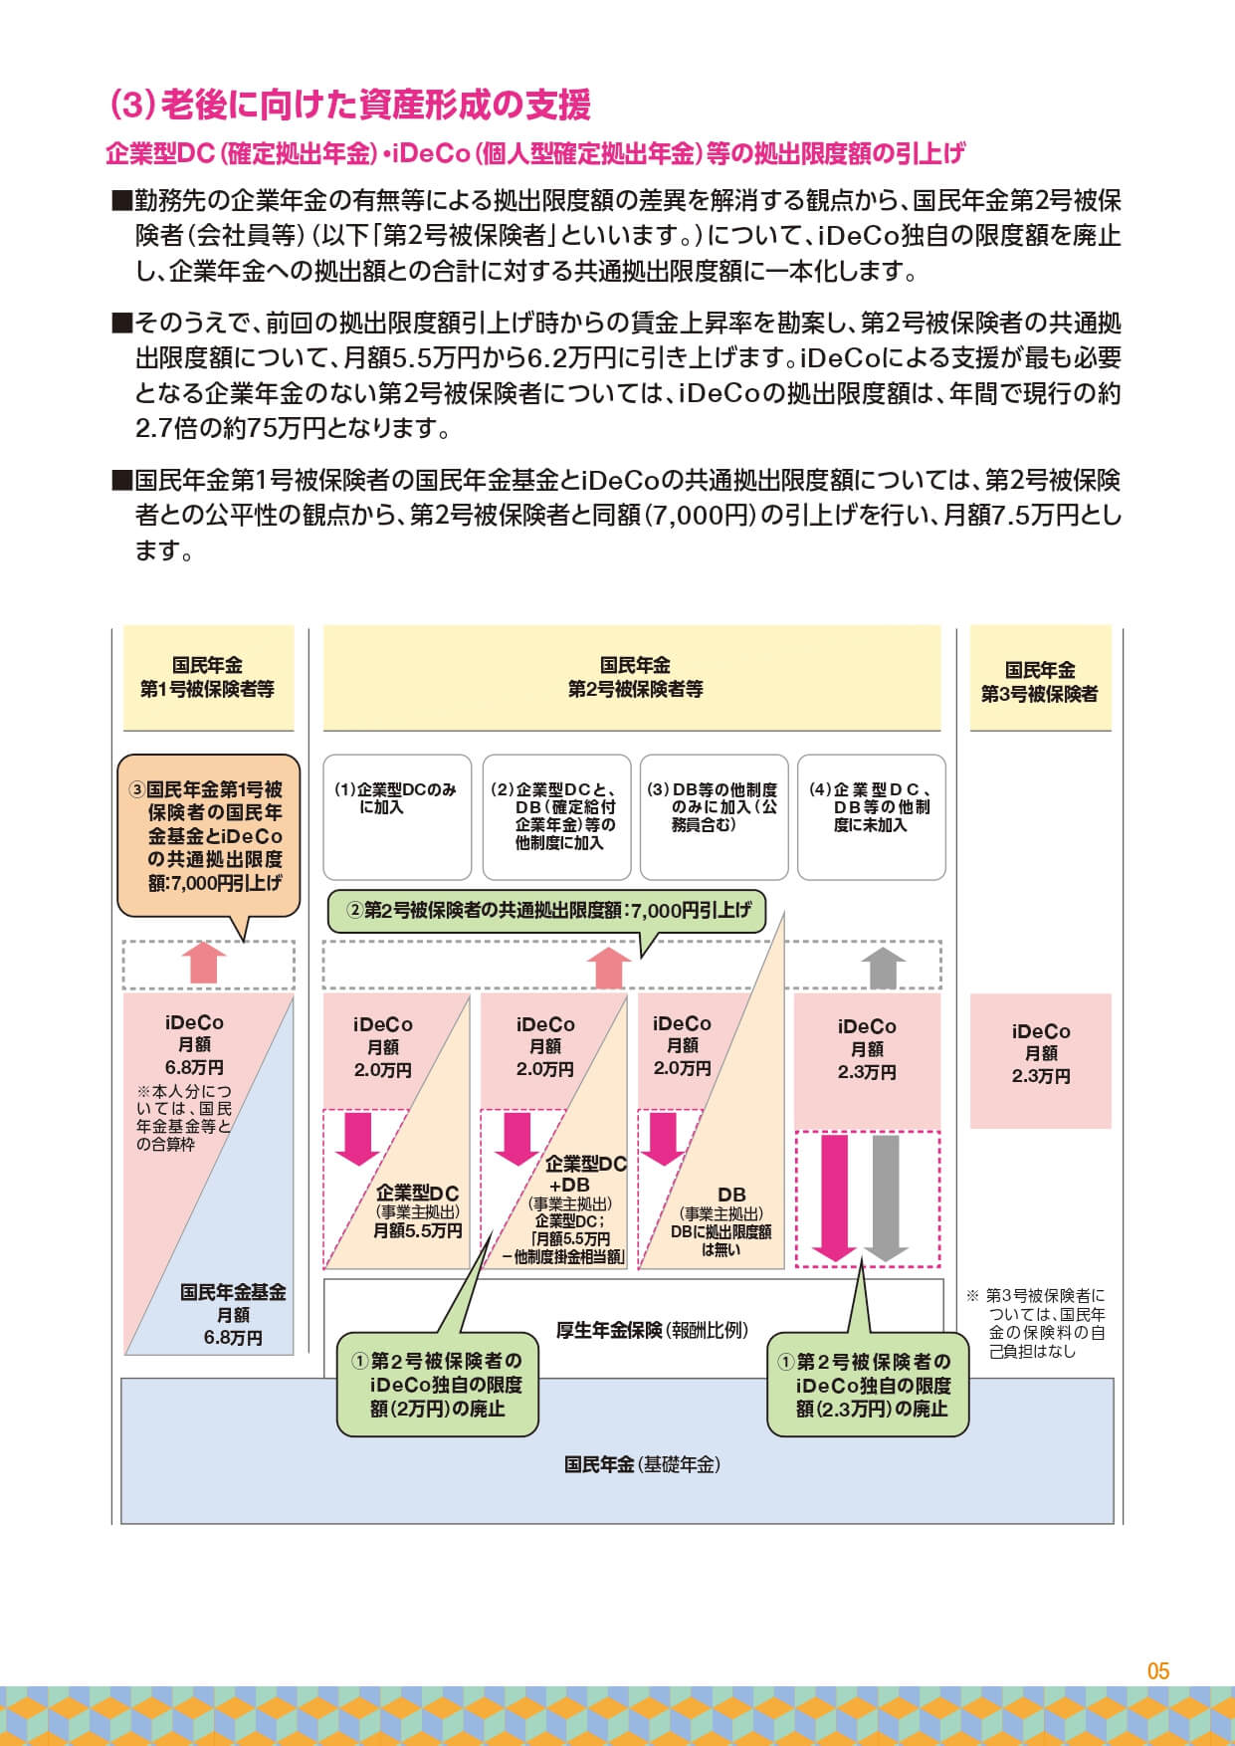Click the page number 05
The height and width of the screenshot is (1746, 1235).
pos(1157,1671)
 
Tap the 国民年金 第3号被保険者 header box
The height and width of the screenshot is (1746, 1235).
pos(1040,678)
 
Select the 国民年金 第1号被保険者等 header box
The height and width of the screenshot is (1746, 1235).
pos(208,678)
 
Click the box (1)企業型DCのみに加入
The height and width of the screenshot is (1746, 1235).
pos(395,817)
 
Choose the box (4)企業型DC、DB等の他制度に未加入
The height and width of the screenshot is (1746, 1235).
pos(871,817)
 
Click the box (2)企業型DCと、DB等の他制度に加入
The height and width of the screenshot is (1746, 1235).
pos(556,817)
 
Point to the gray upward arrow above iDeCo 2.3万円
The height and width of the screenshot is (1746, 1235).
pos(883,968)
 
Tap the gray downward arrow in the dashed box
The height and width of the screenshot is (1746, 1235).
pos(885,1199)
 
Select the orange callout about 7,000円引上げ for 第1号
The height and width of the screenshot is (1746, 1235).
pos(208,836)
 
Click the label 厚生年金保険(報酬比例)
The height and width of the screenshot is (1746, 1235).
pos(652,1330)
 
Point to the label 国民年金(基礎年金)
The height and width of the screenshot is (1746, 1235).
pos(642,1464)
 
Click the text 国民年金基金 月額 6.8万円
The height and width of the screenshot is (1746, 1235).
pos(233,1315)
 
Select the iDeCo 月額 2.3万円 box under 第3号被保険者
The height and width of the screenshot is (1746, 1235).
pos(1040,1060)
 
